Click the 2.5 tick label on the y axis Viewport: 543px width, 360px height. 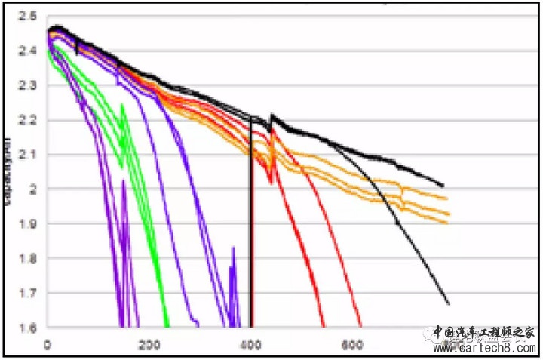[28, 16]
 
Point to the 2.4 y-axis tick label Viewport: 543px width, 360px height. [28, 51]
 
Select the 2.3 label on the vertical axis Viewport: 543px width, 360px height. [28, 85]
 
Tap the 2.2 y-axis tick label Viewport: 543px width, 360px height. [28, 120]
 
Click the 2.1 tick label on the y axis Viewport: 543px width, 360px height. [28, 155]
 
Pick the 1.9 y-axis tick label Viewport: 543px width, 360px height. [28, 224]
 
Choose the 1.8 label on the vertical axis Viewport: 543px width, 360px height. [28, 259]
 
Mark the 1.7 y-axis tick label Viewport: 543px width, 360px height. [28, 293]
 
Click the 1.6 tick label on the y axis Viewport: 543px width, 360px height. [28, 328]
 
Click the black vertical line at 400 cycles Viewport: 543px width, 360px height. [251, 226]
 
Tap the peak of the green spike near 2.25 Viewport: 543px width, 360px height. [122, 105]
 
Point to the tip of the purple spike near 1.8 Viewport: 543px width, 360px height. [233, 248]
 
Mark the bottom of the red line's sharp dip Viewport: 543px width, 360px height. [270, 181]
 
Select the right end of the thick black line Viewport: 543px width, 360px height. [443, 186]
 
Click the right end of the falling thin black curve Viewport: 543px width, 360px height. [449, 303]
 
